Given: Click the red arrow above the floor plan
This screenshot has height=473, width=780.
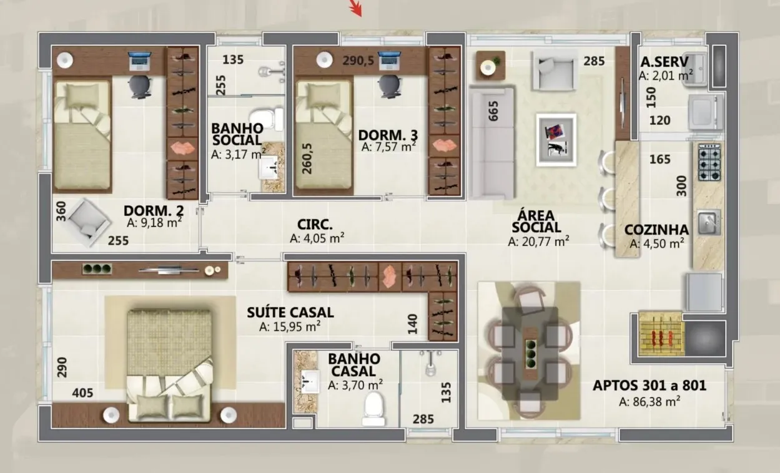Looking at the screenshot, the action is click(356, 8).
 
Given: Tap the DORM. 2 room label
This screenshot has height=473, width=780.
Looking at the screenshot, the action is click(154, 210).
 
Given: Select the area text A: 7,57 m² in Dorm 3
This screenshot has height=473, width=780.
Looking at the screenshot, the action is click(388, 147).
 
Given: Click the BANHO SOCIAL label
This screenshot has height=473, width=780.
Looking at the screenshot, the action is click(237, 134).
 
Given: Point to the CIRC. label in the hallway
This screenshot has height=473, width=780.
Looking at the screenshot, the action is click(315, 225).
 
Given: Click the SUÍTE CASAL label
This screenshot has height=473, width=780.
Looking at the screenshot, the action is click(290, 312).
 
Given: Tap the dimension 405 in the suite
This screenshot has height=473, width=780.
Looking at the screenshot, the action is click(82, 393).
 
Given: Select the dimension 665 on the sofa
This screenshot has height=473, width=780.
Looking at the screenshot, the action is click(493, 111).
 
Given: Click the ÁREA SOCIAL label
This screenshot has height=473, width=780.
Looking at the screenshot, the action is click(536, 221).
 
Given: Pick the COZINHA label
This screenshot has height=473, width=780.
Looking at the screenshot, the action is click(656, 230).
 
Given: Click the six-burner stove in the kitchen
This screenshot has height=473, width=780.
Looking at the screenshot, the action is click(709, 162).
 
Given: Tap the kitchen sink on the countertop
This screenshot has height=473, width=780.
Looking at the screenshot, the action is click(709, 222).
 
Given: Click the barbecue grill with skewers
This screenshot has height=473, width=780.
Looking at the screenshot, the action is click(661, 334).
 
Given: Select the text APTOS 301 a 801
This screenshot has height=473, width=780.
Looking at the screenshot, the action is click(649, 385).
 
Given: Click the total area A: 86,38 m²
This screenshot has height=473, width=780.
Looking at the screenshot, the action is click(649, 402).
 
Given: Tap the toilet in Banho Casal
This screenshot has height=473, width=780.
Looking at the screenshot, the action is click(373, 409).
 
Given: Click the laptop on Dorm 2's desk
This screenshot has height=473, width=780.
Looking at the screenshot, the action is click(139, 61).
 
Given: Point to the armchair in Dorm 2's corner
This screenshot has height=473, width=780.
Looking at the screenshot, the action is click(89, 222).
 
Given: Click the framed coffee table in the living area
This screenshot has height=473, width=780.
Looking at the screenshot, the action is click(556, 140).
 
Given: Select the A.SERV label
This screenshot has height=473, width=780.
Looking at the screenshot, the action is click(664, 62).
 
